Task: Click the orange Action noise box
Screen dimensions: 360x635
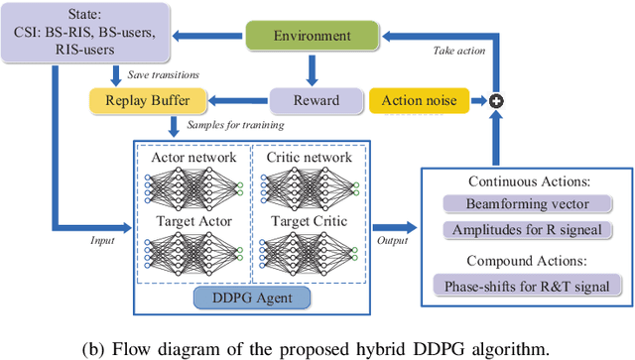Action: tap(415, 100)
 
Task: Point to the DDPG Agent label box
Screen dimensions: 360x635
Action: tap(253, 298)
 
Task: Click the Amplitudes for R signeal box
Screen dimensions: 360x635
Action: tap(525, 229)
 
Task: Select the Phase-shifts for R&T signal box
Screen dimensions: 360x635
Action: tap(525, 286)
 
